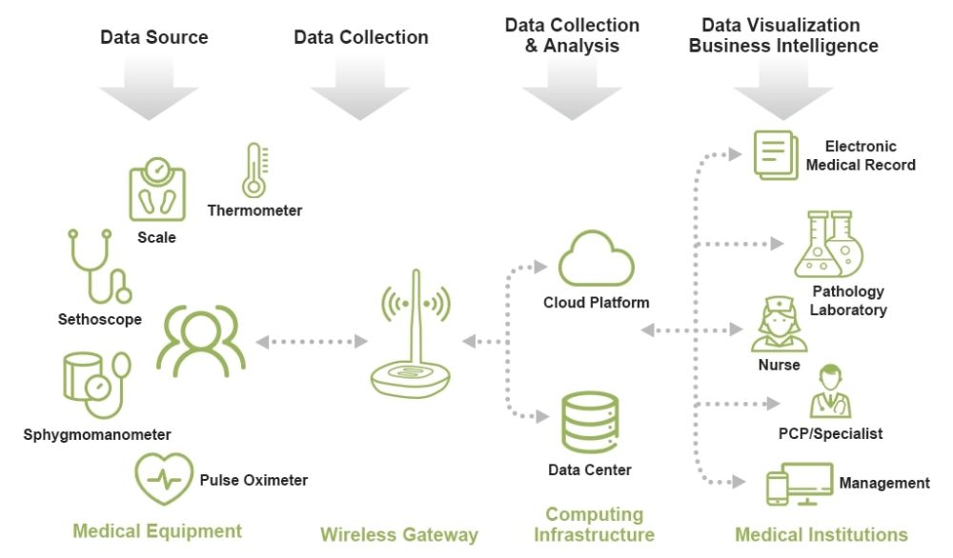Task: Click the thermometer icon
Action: coord(254,170)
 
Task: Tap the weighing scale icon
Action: coord(157,189)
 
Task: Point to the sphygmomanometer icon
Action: coord(96,385)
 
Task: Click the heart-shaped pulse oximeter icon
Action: coord(164,479)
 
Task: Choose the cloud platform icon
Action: coord(596,259)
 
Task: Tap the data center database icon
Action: coord(590,423)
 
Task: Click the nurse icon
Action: coord(779,325)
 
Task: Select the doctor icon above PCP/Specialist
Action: coord(830,391)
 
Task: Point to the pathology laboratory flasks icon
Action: coord(828,244)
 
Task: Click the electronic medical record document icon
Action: coord(776,155)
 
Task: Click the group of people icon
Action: coord(200,342)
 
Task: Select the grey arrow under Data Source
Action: coord(149,87)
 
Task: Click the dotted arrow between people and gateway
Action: coord(312,342)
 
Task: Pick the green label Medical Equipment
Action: coord(157,531)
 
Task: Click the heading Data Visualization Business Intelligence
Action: coord(782,35)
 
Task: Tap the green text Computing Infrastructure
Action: coord(594,525)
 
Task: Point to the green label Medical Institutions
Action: coord(821,535)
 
